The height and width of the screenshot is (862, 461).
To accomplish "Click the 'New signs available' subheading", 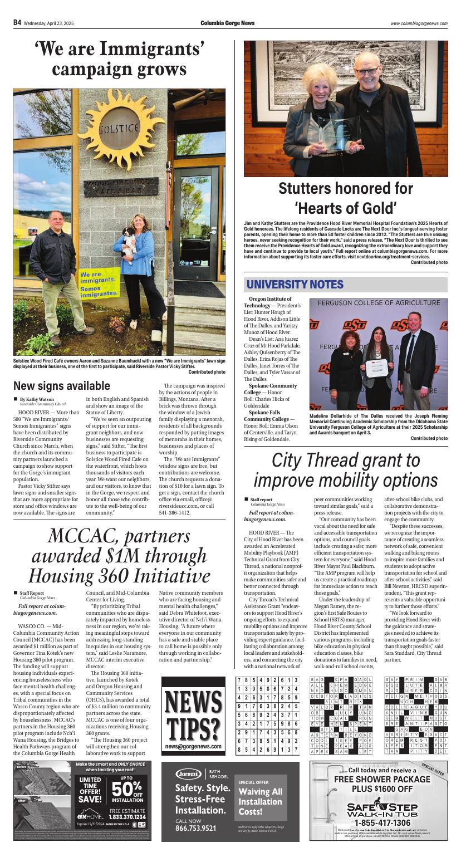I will point(62,386).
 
